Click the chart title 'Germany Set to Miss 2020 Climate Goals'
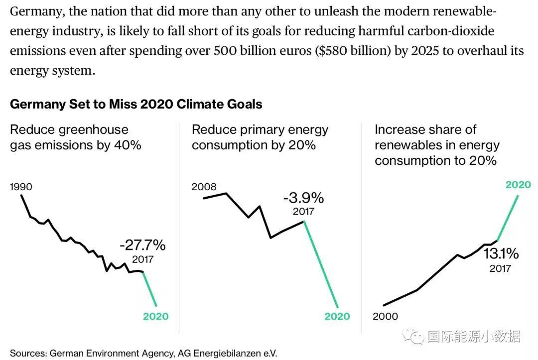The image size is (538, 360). [136, 104]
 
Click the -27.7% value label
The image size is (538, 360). [142, 245]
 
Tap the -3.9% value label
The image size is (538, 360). [303, 198]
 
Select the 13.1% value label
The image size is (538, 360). [501, 254]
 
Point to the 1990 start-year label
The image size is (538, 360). [21, 187]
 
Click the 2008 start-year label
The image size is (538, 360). [204, 187]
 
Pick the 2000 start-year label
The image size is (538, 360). [386, 316]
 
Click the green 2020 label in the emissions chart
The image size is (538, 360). [156, 316]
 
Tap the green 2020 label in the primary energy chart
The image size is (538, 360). [337, 316]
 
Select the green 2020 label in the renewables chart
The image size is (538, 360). [518, 185]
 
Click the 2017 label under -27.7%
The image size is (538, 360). [143, 259]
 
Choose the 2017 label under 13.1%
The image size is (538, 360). [500, 269]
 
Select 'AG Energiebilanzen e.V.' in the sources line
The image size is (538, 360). [227, 353]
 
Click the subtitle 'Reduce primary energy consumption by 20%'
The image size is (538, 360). [260, 137]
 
